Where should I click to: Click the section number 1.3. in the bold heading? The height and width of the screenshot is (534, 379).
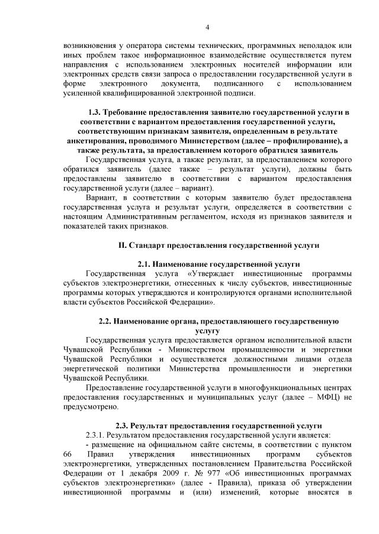[95, 112]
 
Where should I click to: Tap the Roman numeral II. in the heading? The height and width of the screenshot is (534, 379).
[122, 244]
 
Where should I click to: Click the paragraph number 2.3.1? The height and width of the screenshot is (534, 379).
[98, 435]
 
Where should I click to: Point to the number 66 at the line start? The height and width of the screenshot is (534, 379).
[66, 454]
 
